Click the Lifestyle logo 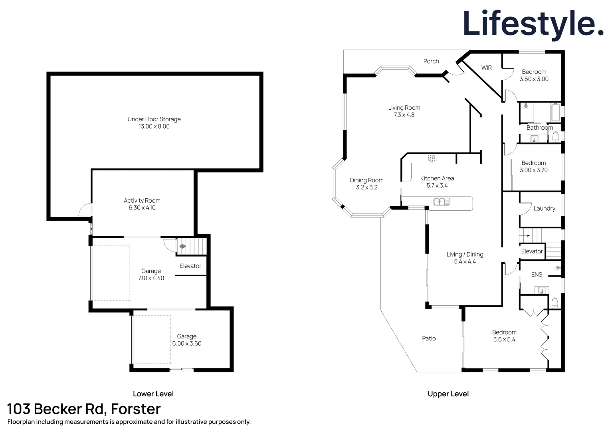tap(533, 24)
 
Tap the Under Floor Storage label tap(154, 119)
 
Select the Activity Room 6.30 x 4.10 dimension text tap(142, 208)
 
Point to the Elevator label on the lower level tap(190, 266)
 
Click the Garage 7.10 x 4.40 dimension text tap(151, 278)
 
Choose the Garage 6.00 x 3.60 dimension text tap(187, 343)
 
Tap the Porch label tap(431, 61)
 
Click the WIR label tap(486, 68)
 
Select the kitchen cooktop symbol tap(432, 158)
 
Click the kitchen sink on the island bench tap(442, 202)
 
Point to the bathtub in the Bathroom tap(556, 112)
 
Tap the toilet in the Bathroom tap(556, 137)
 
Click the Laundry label tap(545, 209)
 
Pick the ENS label tap(537, 275)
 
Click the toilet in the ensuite tap(555, 303)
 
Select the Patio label tap(429, 338)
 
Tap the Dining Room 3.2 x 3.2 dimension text tap(367, 187)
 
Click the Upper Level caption tap(448, 394)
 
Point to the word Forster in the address tap(136, 409)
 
